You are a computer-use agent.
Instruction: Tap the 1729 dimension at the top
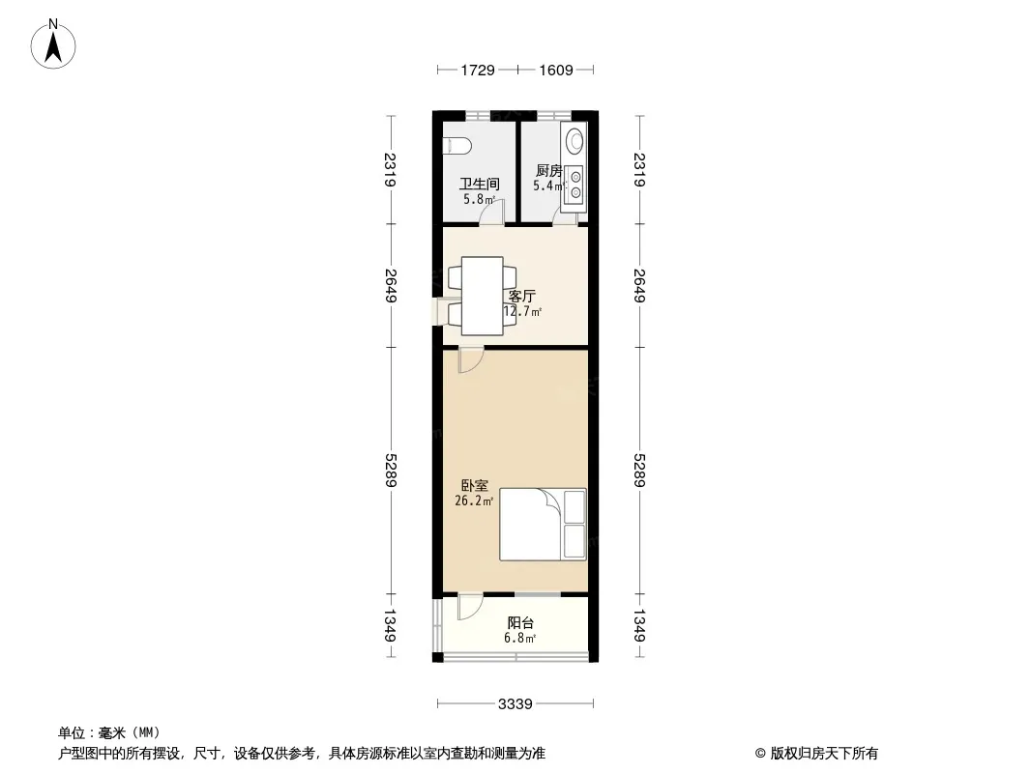(x=478, y=70)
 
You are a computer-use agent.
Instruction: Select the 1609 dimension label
(x=556, y=70)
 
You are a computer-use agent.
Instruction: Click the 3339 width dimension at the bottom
(x=515, y=704)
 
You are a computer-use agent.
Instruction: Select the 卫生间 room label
(x=480, y=184)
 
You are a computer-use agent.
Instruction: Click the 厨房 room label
(x=549, y=171)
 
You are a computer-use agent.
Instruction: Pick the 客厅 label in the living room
(x=522, y=297)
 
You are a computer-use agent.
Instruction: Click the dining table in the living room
(x=483, y=297)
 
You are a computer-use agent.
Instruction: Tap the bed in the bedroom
(x=543, y=525)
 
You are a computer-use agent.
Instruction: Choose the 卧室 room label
(x=474, y=485)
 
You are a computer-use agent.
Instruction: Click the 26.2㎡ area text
(x=474, y=501)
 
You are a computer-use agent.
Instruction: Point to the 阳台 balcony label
(x=520, y=622)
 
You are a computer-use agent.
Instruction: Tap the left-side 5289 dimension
(x=391, y=471)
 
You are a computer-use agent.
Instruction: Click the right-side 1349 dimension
(x=639, y=625)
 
